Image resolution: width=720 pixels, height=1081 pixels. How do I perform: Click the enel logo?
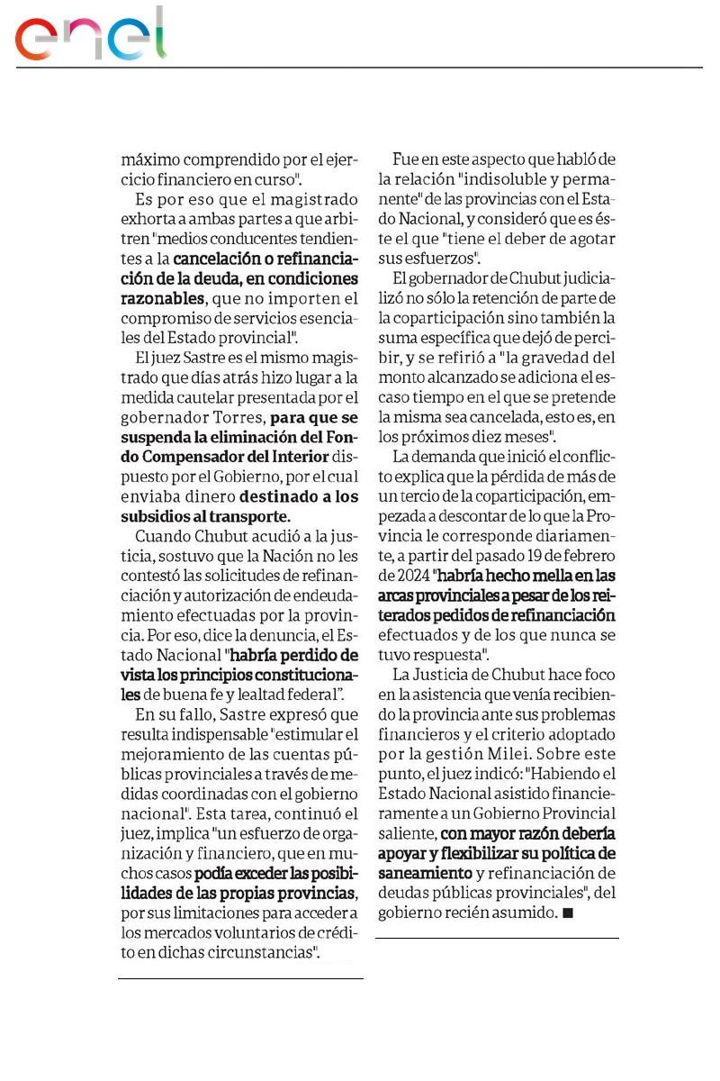(x=90, y=36)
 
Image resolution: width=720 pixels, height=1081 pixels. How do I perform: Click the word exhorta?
(x=148, y=218)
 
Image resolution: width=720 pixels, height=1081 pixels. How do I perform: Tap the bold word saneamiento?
(x=425, y=873)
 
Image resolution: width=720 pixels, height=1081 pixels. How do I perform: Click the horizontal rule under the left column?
(x=240, y=978)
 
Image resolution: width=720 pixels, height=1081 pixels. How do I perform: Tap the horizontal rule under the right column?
(x=497, y=939)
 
